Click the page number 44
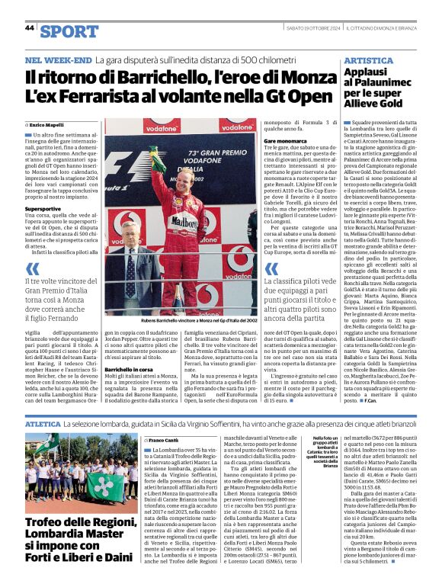(30, 27)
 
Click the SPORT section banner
(69, 30)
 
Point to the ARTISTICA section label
(368, 60)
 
